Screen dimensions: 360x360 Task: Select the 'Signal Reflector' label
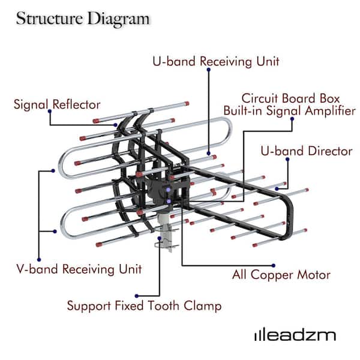point(57,104)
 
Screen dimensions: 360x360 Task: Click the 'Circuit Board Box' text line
point(290,98)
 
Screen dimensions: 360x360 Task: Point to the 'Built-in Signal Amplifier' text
point(289,110)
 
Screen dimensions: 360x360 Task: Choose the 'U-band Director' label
point(306,151)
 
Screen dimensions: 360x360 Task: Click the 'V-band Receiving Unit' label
point(79,268)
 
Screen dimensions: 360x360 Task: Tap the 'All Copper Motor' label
point(281,275)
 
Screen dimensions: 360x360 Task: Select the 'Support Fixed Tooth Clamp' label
point(143,306)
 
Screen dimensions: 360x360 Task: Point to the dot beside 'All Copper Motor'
point(274,265)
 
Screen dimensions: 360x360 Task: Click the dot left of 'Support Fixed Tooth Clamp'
point(137,295)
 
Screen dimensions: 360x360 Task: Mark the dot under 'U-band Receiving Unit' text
point(208,70)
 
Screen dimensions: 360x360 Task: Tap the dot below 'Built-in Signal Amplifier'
point(292,119)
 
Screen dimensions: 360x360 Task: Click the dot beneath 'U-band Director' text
point(289,160)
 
